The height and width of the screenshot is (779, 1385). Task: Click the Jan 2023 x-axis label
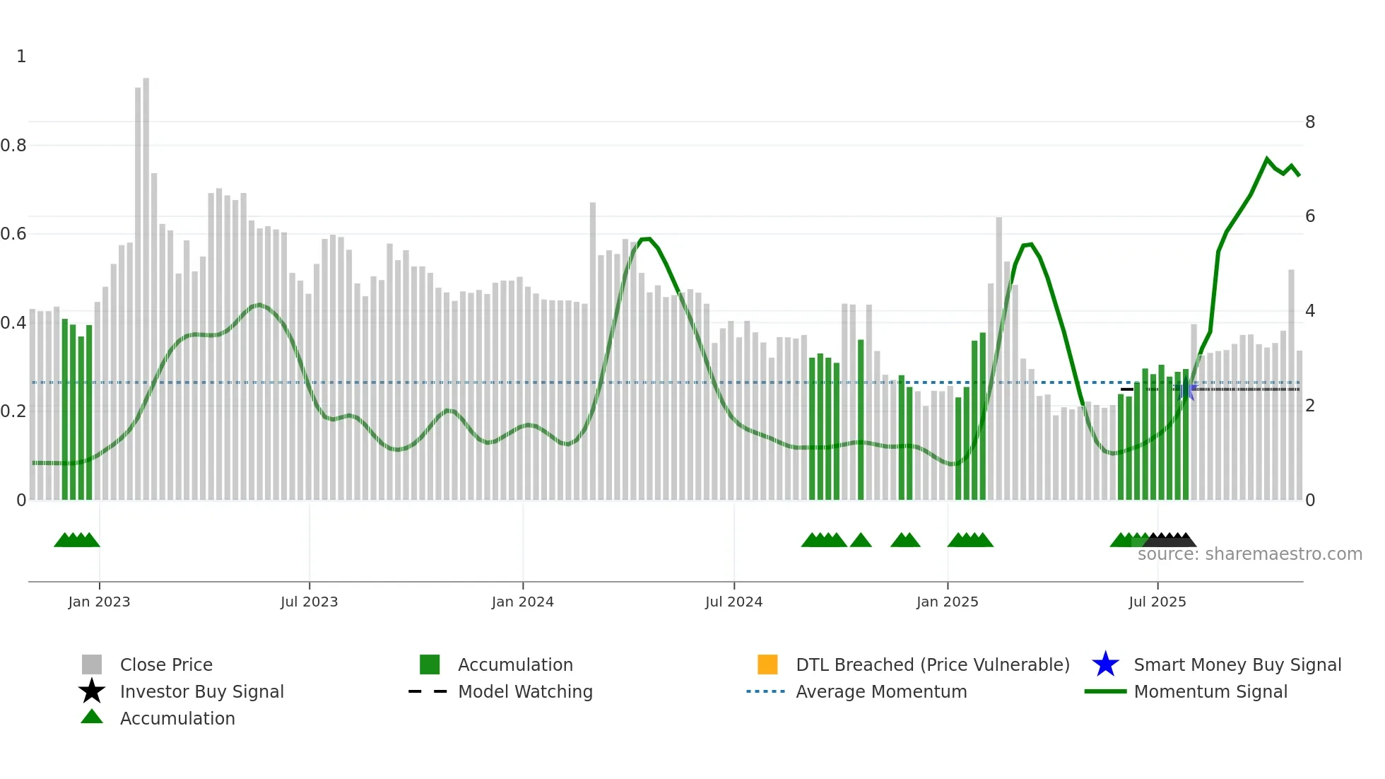coord(99,602)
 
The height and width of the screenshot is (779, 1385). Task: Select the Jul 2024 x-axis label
coord(733,602)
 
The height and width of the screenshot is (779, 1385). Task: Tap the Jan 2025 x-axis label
coord(947,602)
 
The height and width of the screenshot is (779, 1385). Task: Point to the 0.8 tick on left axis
coord(13,146)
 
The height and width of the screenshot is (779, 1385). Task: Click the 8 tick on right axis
coord(1309,122)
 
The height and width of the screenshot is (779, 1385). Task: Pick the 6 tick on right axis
coord(1309,216)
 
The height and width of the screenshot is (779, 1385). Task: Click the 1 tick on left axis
coord(21,57)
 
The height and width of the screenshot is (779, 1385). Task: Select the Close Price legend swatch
coord(92,664)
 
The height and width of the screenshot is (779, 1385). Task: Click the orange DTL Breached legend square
coord(767,664)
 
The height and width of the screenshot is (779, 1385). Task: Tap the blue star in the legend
coord(1105,664)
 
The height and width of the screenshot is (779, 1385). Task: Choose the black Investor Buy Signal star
coord(92,691)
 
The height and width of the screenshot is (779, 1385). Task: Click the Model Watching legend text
coord(525,691)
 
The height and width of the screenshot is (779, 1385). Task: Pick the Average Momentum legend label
coord(881,691)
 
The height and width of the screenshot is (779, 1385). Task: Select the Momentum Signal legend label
coord(1210,691)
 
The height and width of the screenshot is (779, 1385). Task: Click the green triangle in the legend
coord(92,717)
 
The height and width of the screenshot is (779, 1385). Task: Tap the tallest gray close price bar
coord(146,283)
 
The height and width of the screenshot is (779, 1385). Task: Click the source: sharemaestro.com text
coord(1249,554)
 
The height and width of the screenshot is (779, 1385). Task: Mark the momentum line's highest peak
coord(1266,159)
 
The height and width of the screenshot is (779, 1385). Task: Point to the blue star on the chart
coord(1186,389)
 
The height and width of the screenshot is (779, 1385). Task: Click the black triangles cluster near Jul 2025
coord(1170,540)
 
